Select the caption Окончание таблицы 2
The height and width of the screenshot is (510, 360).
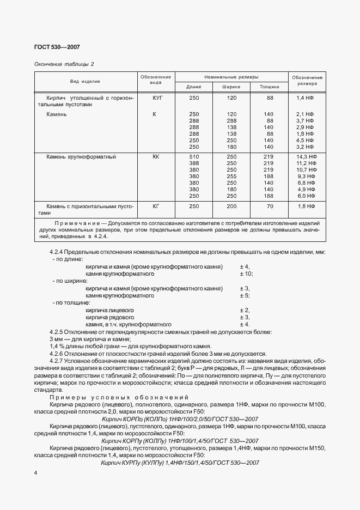[64, 64]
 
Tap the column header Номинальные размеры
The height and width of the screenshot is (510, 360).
[231, 77]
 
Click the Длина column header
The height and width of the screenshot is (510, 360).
[194, 87]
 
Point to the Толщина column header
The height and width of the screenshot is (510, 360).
[269, 87]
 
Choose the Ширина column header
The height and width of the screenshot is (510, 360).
[231, 87]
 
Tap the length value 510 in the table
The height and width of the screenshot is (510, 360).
[194, 156]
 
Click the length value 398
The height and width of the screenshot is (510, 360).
[194, 163]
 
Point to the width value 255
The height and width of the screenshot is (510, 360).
[231, 176]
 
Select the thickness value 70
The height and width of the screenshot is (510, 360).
[269, 207]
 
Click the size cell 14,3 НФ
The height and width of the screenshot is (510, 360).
[307, 156]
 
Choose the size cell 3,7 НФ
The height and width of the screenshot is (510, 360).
[307, 120]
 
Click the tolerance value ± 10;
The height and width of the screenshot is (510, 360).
[246, 274]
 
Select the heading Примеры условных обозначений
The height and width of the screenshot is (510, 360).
[118, 397]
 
